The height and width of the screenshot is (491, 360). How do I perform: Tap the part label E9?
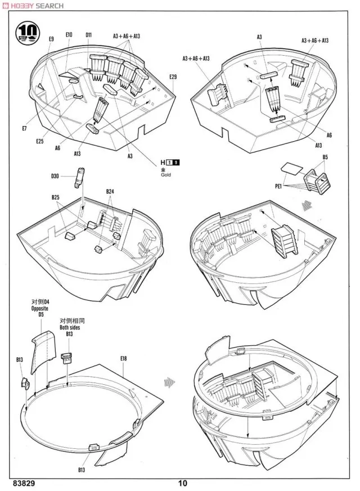click(51, 39)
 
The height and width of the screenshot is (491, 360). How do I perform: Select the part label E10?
click(69, 35)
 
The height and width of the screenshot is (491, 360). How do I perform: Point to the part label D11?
click(89, 35)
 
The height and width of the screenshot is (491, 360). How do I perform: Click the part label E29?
click(173, 76)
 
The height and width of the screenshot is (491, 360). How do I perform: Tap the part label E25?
click(39, 141)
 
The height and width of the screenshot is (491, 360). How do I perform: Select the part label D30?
click(55, 177)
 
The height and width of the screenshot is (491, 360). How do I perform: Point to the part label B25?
click(55, 197)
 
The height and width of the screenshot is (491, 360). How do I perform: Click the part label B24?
click(110, 192)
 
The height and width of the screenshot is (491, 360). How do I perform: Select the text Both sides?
click(71, 327)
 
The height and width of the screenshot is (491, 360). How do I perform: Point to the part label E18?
click(123, 358)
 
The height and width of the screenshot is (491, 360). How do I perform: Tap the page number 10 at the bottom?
click(182, 483)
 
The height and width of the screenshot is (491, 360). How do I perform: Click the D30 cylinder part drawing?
click(79, 177)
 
